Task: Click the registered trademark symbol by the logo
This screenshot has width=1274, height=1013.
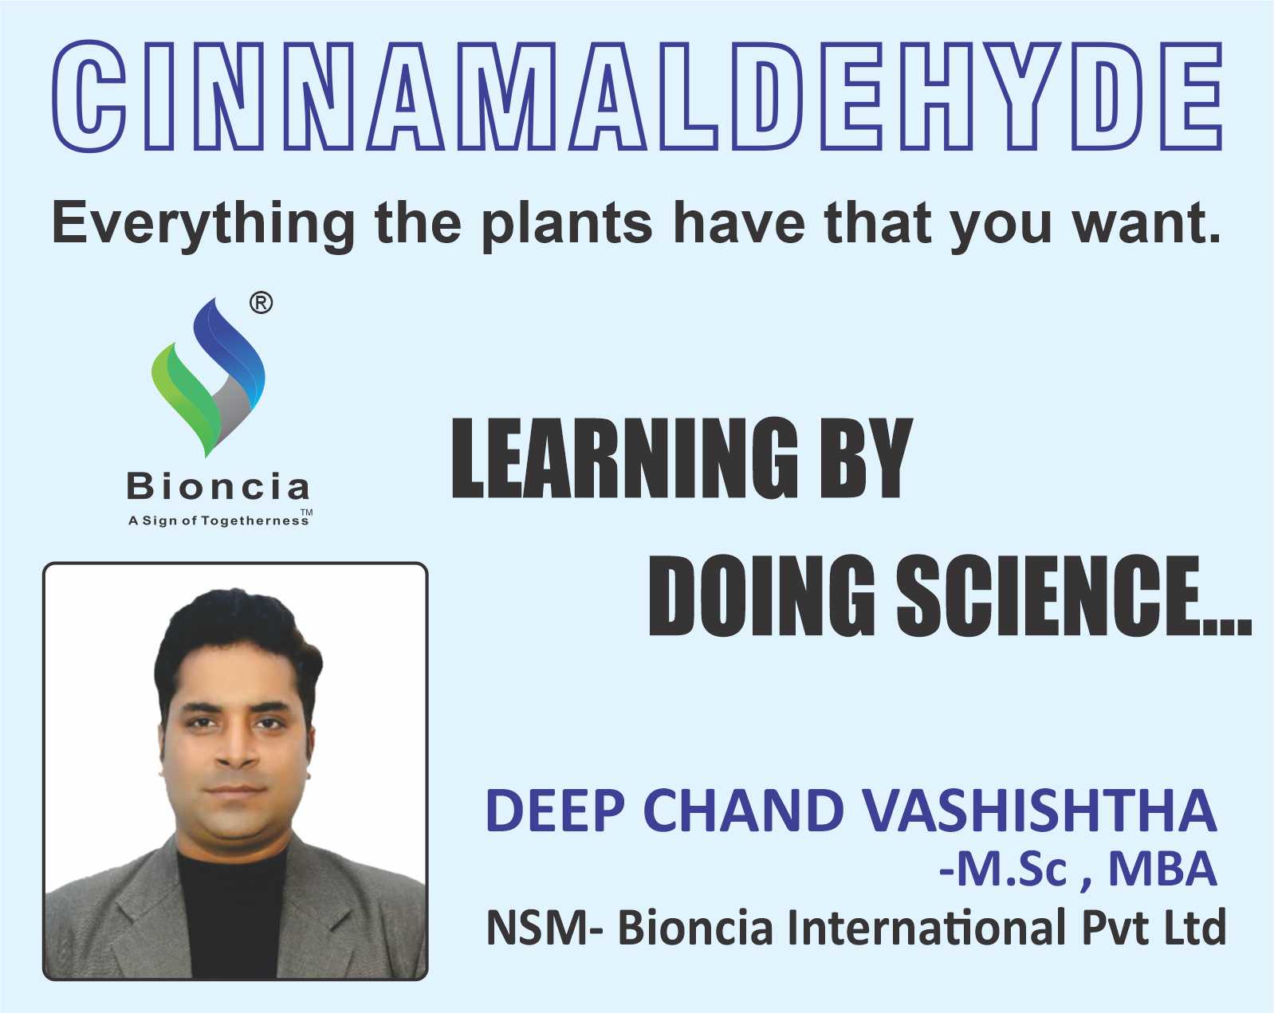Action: click(x=261, y=303)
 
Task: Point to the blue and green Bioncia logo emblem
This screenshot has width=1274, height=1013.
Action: click(x=208, y=377)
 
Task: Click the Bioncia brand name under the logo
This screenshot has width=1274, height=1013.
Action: click(x=218, y=487)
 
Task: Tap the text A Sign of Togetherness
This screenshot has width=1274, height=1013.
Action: click(x=218, y=520)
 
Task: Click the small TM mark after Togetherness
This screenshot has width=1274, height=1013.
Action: click(x=306, y=512)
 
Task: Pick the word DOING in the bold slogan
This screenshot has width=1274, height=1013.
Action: click(x=762, y=595)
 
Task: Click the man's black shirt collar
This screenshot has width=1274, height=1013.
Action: click(x=231, y=862)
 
